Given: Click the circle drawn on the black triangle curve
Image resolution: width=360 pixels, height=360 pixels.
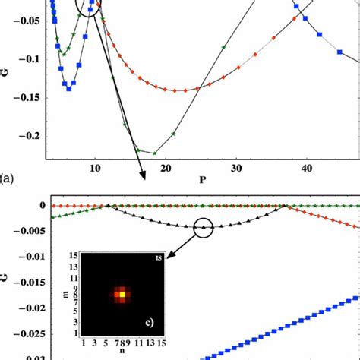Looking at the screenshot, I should click(204, 227).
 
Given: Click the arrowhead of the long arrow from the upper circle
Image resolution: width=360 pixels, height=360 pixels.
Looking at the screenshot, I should click(144, 178).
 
